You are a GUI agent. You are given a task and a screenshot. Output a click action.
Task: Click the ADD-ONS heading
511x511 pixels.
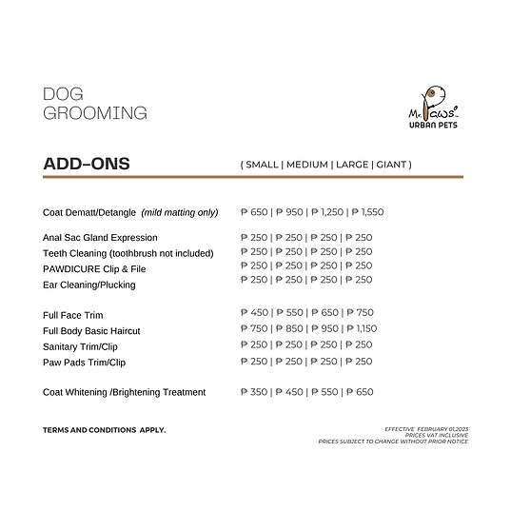click(87, 164)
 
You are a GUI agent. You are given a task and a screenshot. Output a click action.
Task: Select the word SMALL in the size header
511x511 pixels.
click(262, 165)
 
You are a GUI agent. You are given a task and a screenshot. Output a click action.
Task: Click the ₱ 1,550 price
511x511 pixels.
click(365, 212)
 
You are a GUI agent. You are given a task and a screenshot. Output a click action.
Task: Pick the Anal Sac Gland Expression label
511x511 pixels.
click(100, 238)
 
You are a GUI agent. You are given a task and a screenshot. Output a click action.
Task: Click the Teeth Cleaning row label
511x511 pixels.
click(128, 253)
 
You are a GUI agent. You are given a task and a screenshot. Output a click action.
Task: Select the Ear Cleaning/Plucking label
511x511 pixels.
click(89, 285)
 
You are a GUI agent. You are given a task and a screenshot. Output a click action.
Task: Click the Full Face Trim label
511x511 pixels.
click(73, 315)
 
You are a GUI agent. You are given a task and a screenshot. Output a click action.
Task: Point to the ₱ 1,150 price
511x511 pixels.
click(361, 328)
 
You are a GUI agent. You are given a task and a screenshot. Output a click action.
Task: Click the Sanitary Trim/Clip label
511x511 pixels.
click(81, 346)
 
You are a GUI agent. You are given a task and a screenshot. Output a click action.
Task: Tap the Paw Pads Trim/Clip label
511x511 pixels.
click(84, 363)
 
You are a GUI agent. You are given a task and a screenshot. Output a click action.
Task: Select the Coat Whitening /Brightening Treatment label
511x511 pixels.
click(124, 392)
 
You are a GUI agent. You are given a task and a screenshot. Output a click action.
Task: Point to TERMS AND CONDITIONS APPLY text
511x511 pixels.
click(104, 430)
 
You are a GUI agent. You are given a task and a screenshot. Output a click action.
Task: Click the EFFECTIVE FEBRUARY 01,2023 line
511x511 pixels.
click(426, 429)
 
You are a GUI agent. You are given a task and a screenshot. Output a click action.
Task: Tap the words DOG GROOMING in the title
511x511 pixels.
click(95, 104)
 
